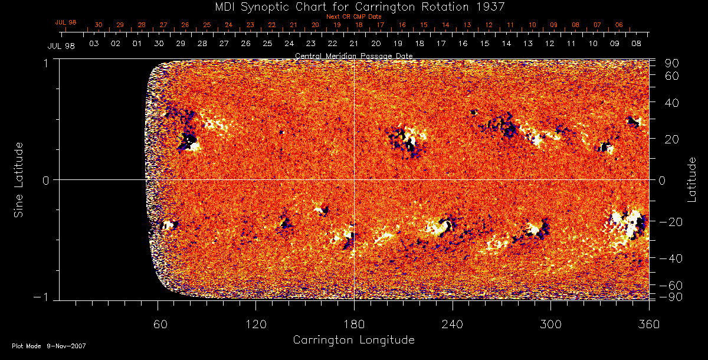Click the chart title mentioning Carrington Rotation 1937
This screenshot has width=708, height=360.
[353, 6]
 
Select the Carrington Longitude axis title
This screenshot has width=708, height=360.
[353, 340]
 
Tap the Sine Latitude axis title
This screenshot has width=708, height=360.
[19, 179]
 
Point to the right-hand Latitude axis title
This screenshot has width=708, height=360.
[692, 179]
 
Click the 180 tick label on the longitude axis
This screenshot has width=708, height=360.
[353, 325]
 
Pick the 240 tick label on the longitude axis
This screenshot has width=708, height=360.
[452, 325]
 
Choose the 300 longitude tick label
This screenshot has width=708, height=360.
[550, 325]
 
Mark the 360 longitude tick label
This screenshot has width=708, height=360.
[648, 325]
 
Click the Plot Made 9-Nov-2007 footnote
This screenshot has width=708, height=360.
[49, 346]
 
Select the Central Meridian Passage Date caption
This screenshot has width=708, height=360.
[353, 55]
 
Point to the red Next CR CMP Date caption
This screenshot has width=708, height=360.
[353, 17]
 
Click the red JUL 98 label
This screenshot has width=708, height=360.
[66, 22]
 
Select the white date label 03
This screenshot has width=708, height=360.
[93, 44]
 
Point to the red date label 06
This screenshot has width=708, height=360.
[618, 25]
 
